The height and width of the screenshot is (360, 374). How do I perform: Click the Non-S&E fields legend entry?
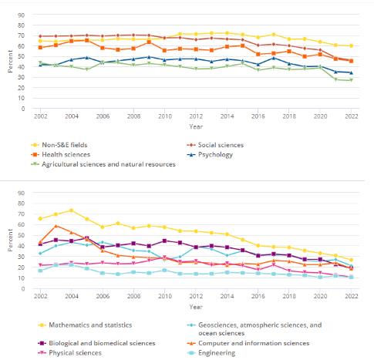59,145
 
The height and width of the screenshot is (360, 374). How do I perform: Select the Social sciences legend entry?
215,145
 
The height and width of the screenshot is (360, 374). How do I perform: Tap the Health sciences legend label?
66,155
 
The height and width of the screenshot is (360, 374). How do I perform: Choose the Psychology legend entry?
210,155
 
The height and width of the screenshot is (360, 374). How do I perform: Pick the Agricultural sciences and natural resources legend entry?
103,164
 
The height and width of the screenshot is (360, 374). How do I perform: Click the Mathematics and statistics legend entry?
85,325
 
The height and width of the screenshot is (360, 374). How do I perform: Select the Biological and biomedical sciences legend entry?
96,343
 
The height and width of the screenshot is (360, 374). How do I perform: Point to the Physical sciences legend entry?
69,353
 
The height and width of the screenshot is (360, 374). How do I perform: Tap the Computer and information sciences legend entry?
248,343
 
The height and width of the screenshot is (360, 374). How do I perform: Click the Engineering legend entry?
211,353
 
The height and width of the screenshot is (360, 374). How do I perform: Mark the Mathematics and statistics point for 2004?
72,210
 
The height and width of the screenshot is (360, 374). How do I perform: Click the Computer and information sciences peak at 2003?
56,226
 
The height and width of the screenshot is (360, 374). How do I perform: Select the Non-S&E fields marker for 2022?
351,45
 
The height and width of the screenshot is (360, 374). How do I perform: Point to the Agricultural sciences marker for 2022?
351,80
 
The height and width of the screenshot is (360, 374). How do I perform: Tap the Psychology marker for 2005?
87,58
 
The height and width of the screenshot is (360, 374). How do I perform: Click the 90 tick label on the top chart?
22,15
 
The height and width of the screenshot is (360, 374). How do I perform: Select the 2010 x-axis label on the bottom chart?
165,296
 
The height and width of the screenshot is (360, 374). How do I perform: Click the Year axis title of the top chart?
196,126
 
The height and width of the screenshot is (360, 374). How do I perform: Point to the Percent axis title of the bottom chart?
10,241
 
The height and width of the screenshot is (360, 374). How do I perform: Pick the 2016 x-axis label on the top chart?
258,116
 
